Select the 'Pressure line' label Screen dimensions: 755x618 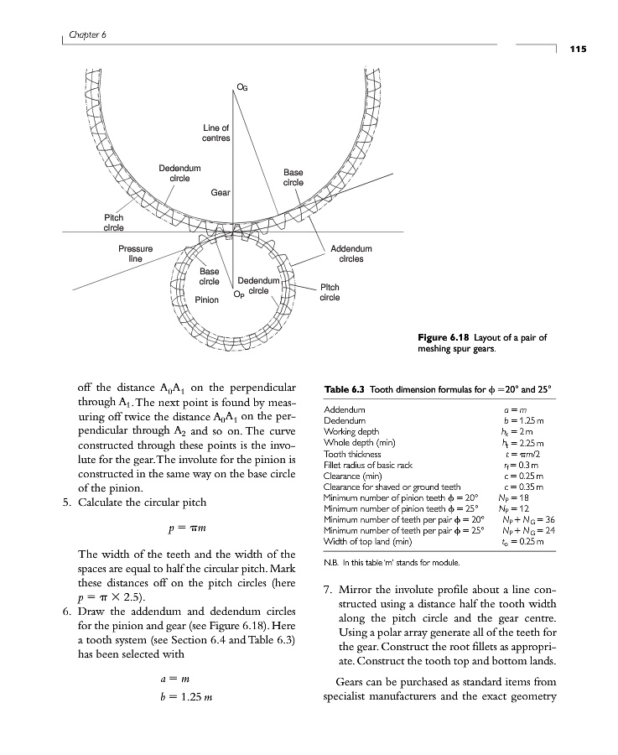135,254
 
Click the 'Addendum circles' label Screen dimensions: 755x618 351,254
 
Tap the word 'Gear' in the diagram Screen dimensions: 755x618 221,192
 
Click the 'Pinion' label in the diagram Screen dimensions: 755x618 206,299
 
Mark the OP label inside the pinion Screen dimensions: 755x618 239,294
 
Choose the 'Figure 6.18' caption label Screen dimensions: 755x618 445,338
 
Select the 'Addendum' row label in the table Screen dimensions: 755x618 343,410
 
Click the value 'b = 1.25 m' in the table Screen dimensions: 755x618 525,420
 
